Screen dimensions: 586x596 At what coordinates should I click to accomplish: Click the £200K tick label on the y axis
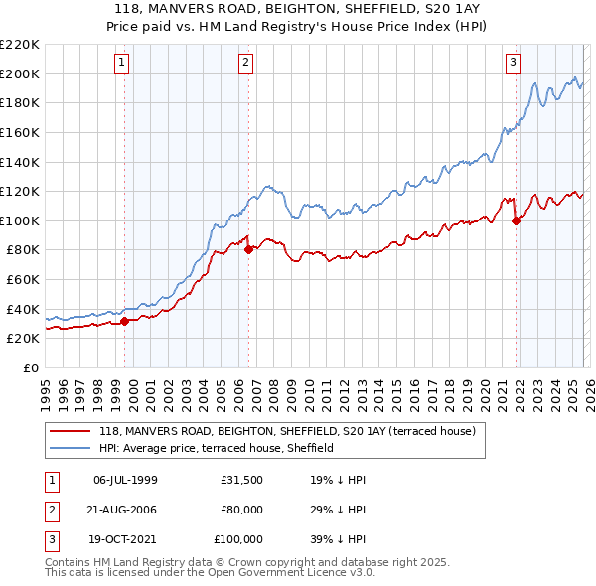pos(20,73)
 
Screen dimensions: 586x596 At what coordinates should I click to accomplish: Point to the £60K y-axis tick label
pos(23,279)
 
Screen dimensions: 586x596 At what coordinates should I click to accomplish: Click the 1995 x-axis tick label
pos(46,386)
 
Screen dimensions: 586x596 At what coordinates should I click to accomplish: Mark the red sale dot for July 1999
pos(124,321)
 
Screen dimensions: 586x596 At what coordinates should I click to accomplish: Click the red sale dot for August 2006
pos(248,249)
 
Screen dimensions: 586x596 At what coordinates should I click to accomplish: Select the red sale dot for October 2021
pos(516,220)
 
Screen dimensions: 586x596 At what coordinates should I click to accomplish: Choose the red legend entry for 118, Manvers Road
pos(287,431)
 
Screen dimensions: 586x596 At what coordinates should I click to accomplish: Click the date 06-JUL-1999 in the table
pos(125,480)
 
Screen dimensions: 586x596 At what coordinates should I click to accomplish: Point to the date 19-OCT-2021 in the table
pos(125,539)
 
